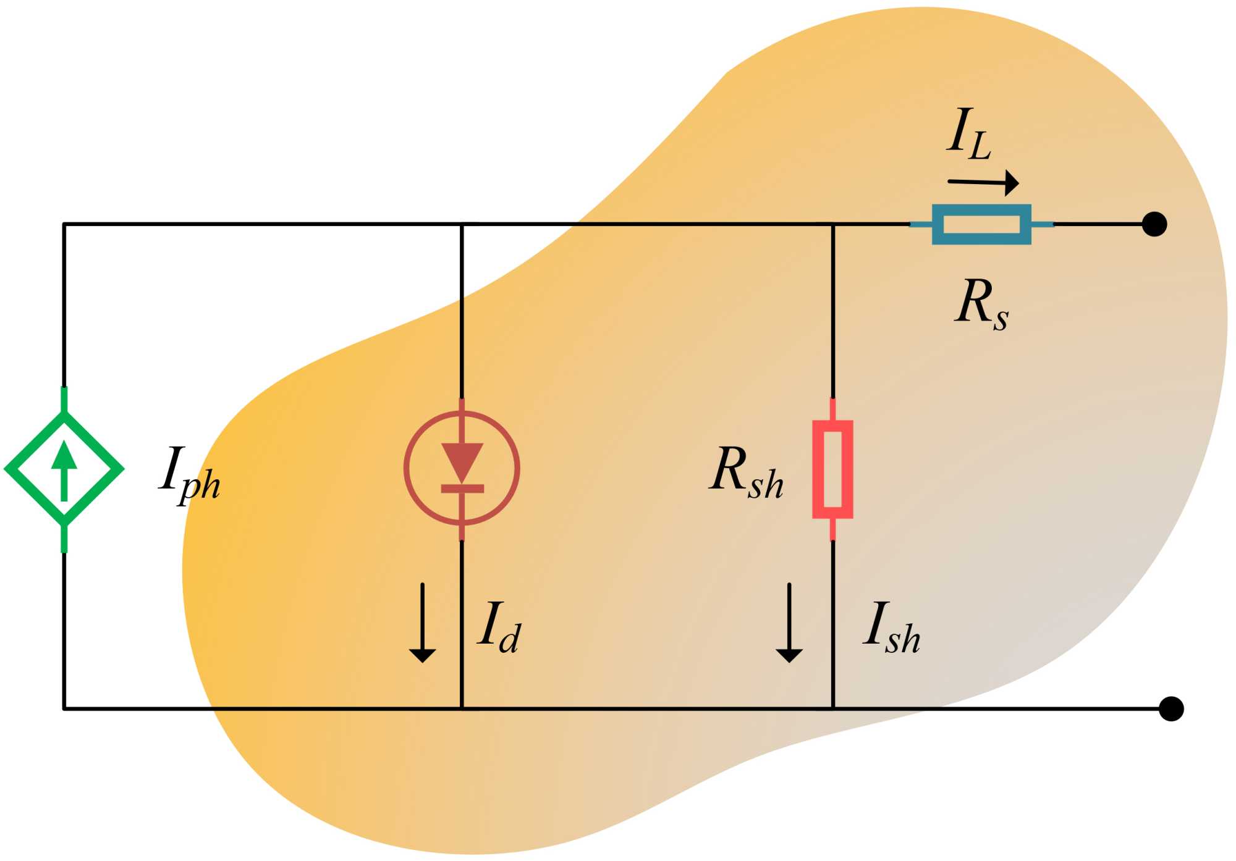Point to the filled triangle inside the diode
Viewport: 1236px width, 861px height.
[462, 461]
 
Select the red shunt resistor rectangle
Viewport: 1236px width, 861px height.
[832, 469]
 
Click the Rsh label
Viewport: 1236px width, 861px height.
[747, 472]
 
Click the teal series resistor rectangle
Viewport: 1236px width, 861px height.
[981, 224]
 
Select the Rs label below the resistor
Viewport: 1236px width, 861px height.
[981, 304]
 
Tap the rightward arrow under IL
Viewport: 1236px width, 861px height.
[983, 183]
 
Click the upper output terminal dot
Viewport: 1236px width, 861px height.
[1154, 224]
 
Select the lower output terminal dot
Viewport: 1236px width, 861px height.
[1170, 708]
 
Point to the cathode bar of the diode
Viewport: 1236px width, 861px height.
[462, 489]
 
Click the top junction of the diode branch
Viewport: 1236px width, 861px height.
[462, 224]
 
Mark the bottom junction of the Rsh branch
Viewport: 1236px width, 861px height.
[832, 708]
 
